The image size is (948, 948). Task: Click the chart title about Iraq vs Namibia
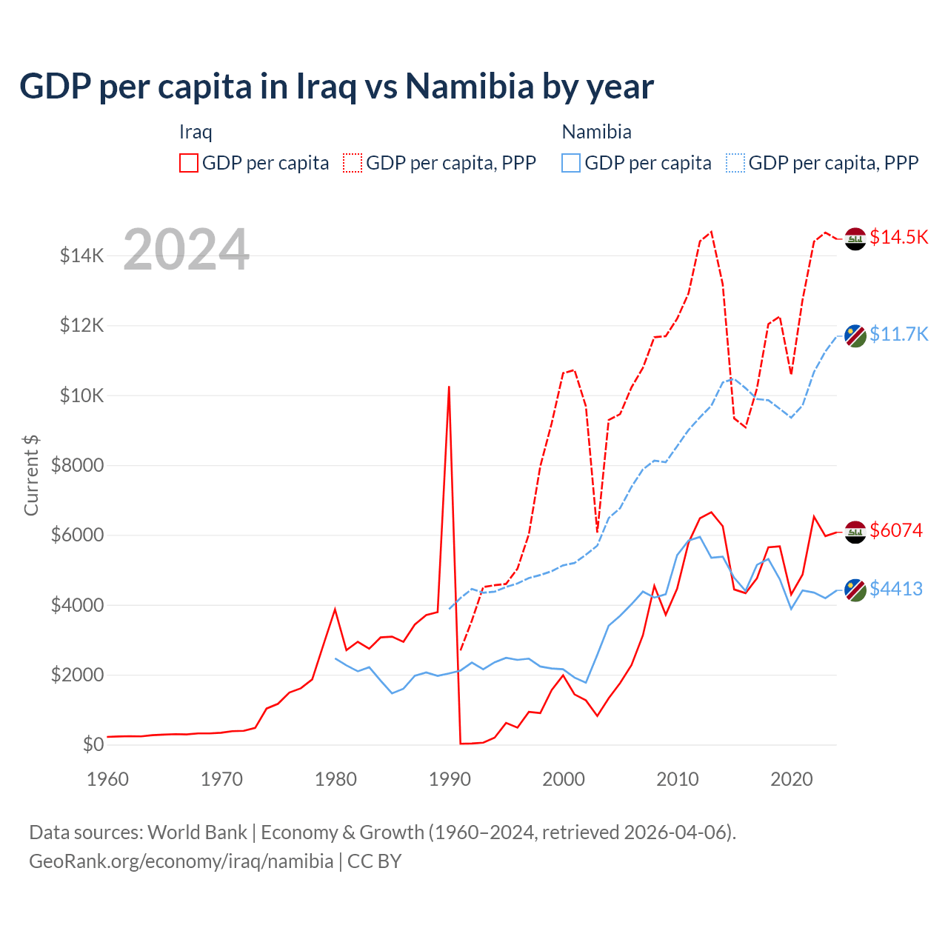(x=336, y=87)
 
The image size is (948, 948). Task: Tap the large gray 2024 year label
(x=186, y=250)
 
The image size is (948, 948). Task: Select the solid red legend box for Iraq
(x=189, y=163)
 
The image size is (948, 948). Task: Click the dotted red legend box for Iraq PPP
(x=353, y=163)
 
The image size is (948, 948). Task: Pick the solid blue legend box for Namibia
(x=571, y=163)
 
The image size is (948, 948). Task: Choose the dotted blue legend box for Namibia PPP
(x=735, y=163)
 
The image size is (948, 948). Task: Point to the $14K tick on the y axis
(x=81, y=256)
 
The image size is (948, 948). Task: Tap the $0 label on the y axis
(x=93, y=744)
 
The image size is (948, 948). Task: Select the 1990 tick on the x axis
(x=450, y=779)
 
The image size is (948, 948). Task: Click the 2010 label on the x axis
(x=678, y=779)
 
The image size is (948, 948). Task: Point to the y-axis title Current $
(x=31, y=475)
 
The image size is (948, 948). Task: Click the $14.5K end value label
(x=898, y=237)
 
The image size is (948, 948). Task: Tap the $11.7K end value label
(x=898, y=334)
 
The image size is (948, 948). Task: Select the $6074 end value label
(x=896, y=530)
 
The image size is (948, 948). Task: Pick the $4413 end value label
(x=896, y=589)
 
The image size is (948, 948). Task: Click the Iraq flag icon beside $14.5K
(x=855, y=238)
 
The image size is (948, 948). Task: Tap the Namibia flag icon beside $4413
(x=855, y=590)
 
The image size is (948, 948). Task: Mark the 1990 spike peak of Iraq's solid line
(x=449, y=387)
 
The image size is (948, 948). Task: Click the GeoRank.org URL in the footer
(x=181, y=861)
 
